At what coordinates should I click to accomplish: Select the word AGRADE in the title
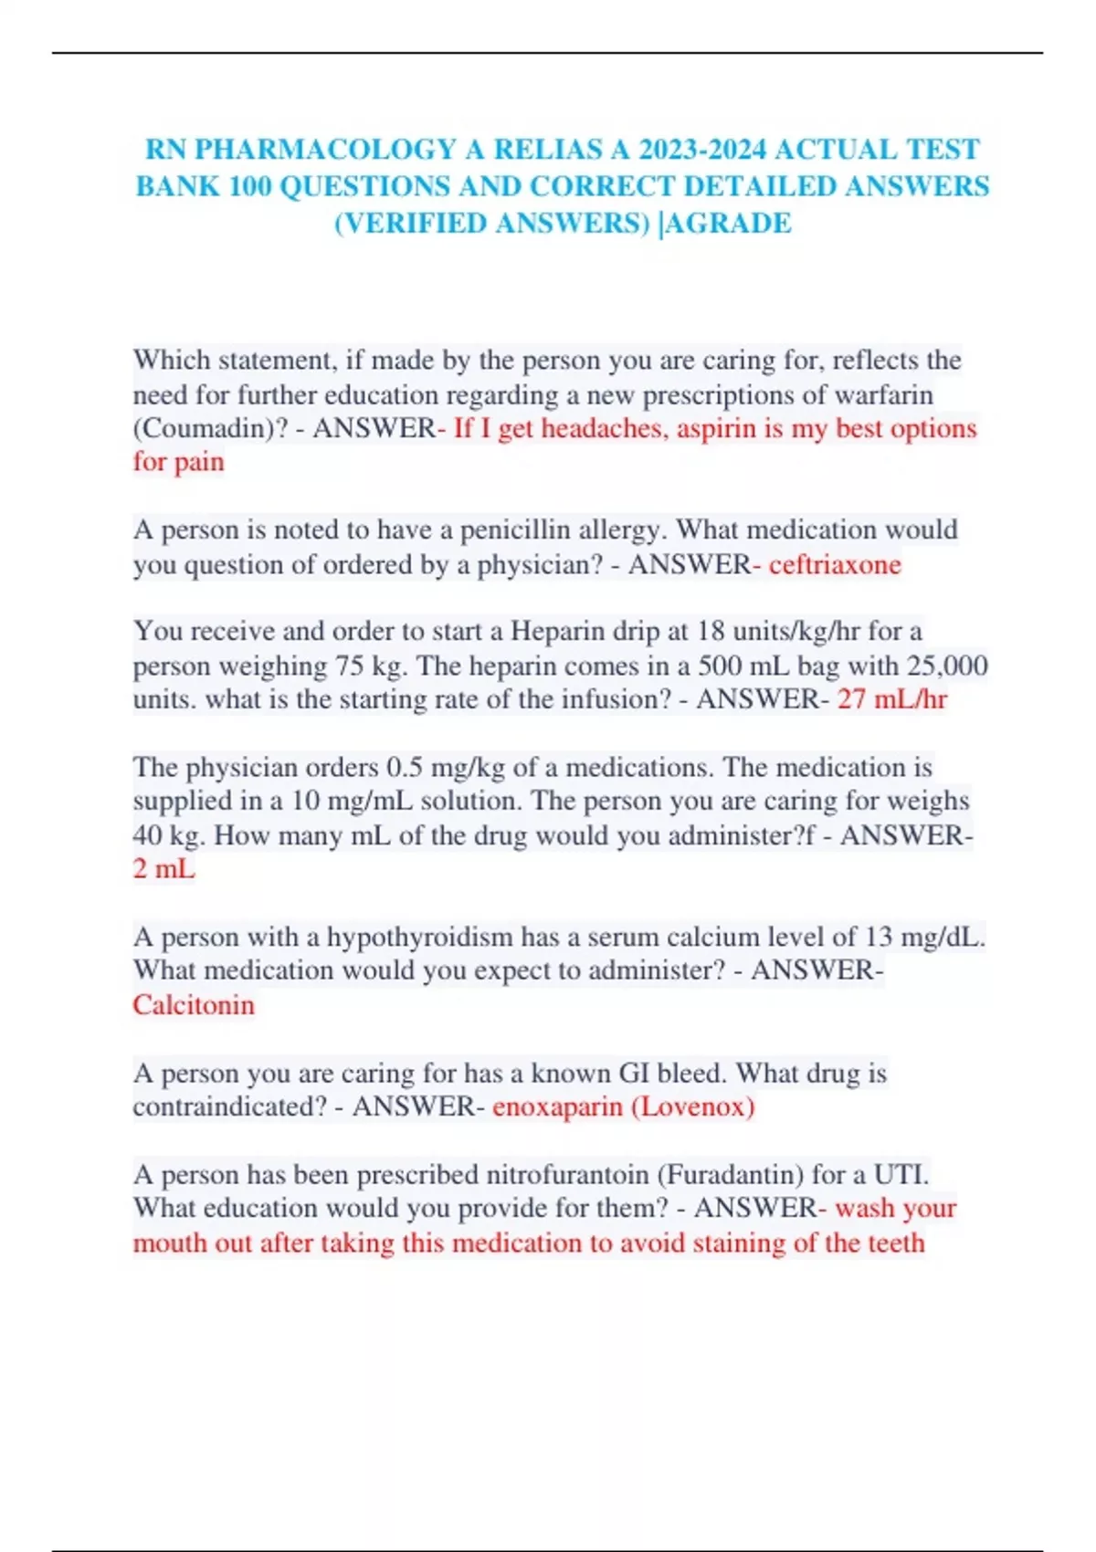point(729,223)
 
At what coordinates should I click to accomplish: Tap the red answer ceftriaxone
point(835,564)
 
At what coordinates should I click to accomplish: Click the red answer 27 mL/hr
point(892,699)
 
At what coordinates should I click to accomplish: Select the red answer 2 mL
point(164,868)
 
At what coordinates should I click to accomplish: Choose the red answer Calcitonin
point(194,1004)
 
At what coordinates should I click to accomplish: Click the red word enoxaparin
point(557,1106)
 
